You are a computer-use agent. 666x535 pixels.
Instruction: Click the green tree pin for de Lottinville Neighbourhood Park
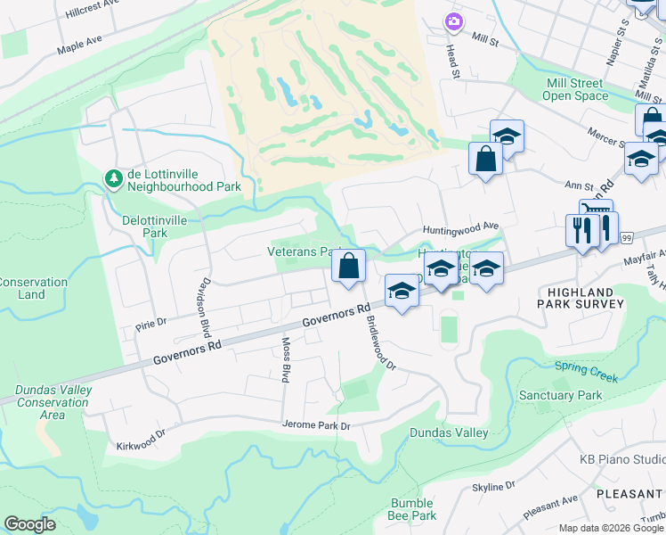114,179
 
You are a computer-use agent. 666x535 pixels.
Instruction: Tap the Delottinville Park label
144,226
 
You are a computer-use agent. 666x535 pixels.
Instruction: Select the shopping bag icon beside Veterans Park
348,265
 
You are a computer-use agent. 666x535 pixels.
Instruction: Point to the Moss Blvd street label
286,360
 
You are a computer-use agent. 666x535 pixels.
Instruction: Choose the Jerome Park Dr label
315,425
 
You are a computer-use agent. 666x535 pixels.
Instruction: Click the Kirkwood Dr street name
142,440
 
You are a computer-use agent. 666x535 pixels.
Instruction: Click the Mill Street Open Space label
575,89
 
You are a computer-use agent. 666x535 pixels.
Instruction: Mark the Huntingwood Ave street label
460,228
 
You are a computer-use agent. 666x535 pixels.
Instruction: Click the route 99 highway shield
627,237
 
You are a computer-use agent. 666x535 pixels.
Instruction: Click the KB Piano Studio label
621,459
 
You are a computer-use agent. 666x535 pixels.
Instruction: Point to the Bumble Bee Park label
412,509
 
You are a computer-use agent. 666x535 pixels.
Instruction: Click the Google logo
30,524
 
